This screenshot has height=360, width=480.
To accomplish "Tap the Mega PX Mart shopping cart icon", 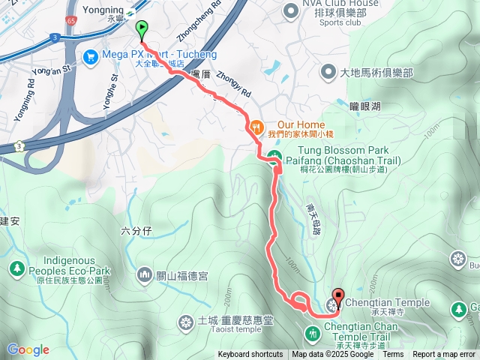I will click(x=91, y=55).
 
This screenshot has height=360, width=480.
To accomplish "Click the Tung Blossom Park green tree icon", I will click(x=274, y=157).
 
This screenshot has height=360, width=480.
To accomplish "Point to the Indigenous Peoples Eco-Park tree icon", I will click(x=16, y=267).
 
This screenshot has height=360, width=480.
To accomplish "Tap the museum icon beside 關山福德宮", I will click(x=145, y=276).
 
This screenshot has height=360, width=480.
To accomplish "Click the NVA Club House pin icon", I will click(x=290, y=10).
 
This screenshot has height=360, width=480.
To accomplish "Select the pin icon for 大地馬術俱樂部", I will click(x=328, y=73).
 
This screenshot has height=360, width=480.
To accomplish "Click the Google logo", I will click(x=28, y=349).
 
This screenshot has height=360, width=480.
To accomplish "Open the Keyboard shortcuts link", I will click(x=250, y=355).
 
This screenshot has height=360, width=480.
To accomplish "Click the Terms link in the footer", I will click(x=393, y=355).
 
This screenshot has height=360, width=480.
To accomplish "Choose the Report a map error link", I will click(x=445, y=355).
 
